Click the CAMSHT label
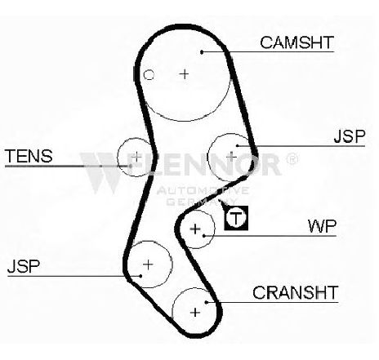coord(297,42)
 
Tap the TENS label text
coord(29,156)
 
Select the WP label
coord(322,226)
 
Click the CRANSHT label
coord(296,292)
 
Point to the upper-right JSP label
coord(350,136)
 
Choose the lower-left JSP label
coord(24,266)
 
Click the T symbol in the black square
coord(236,218)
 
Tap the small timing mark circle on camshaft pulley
coord(149,75)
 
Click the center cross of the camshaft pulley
coord(185,73)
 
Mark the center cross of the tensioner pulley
coord(136,157)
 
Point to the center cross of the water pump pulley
coord(195,229)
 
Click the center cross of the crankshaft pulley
coord(195,313)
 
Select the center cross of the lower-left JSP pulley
coord(148,264)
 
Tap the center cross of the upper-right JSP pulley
coord(231,157)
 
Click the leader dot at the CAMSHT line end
coord(202,51)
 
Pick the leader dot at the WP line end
coord(204,236)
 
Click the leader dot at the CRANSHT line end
coord(207,302)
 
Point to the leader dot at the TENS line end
coord(130,166)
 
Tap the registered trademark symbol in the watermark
coord(292,158)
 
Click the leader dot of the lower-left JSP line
coord(140,276)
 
